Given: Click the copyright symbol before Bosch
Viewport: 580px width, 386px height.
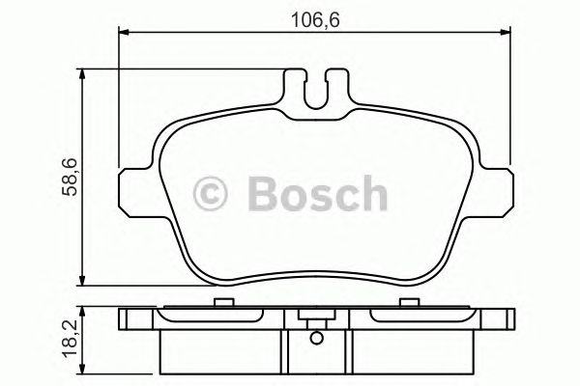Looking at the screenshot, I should [214, 194].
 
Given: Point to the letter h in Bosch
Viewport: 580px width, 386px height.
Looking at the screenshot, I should [371, 194].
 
